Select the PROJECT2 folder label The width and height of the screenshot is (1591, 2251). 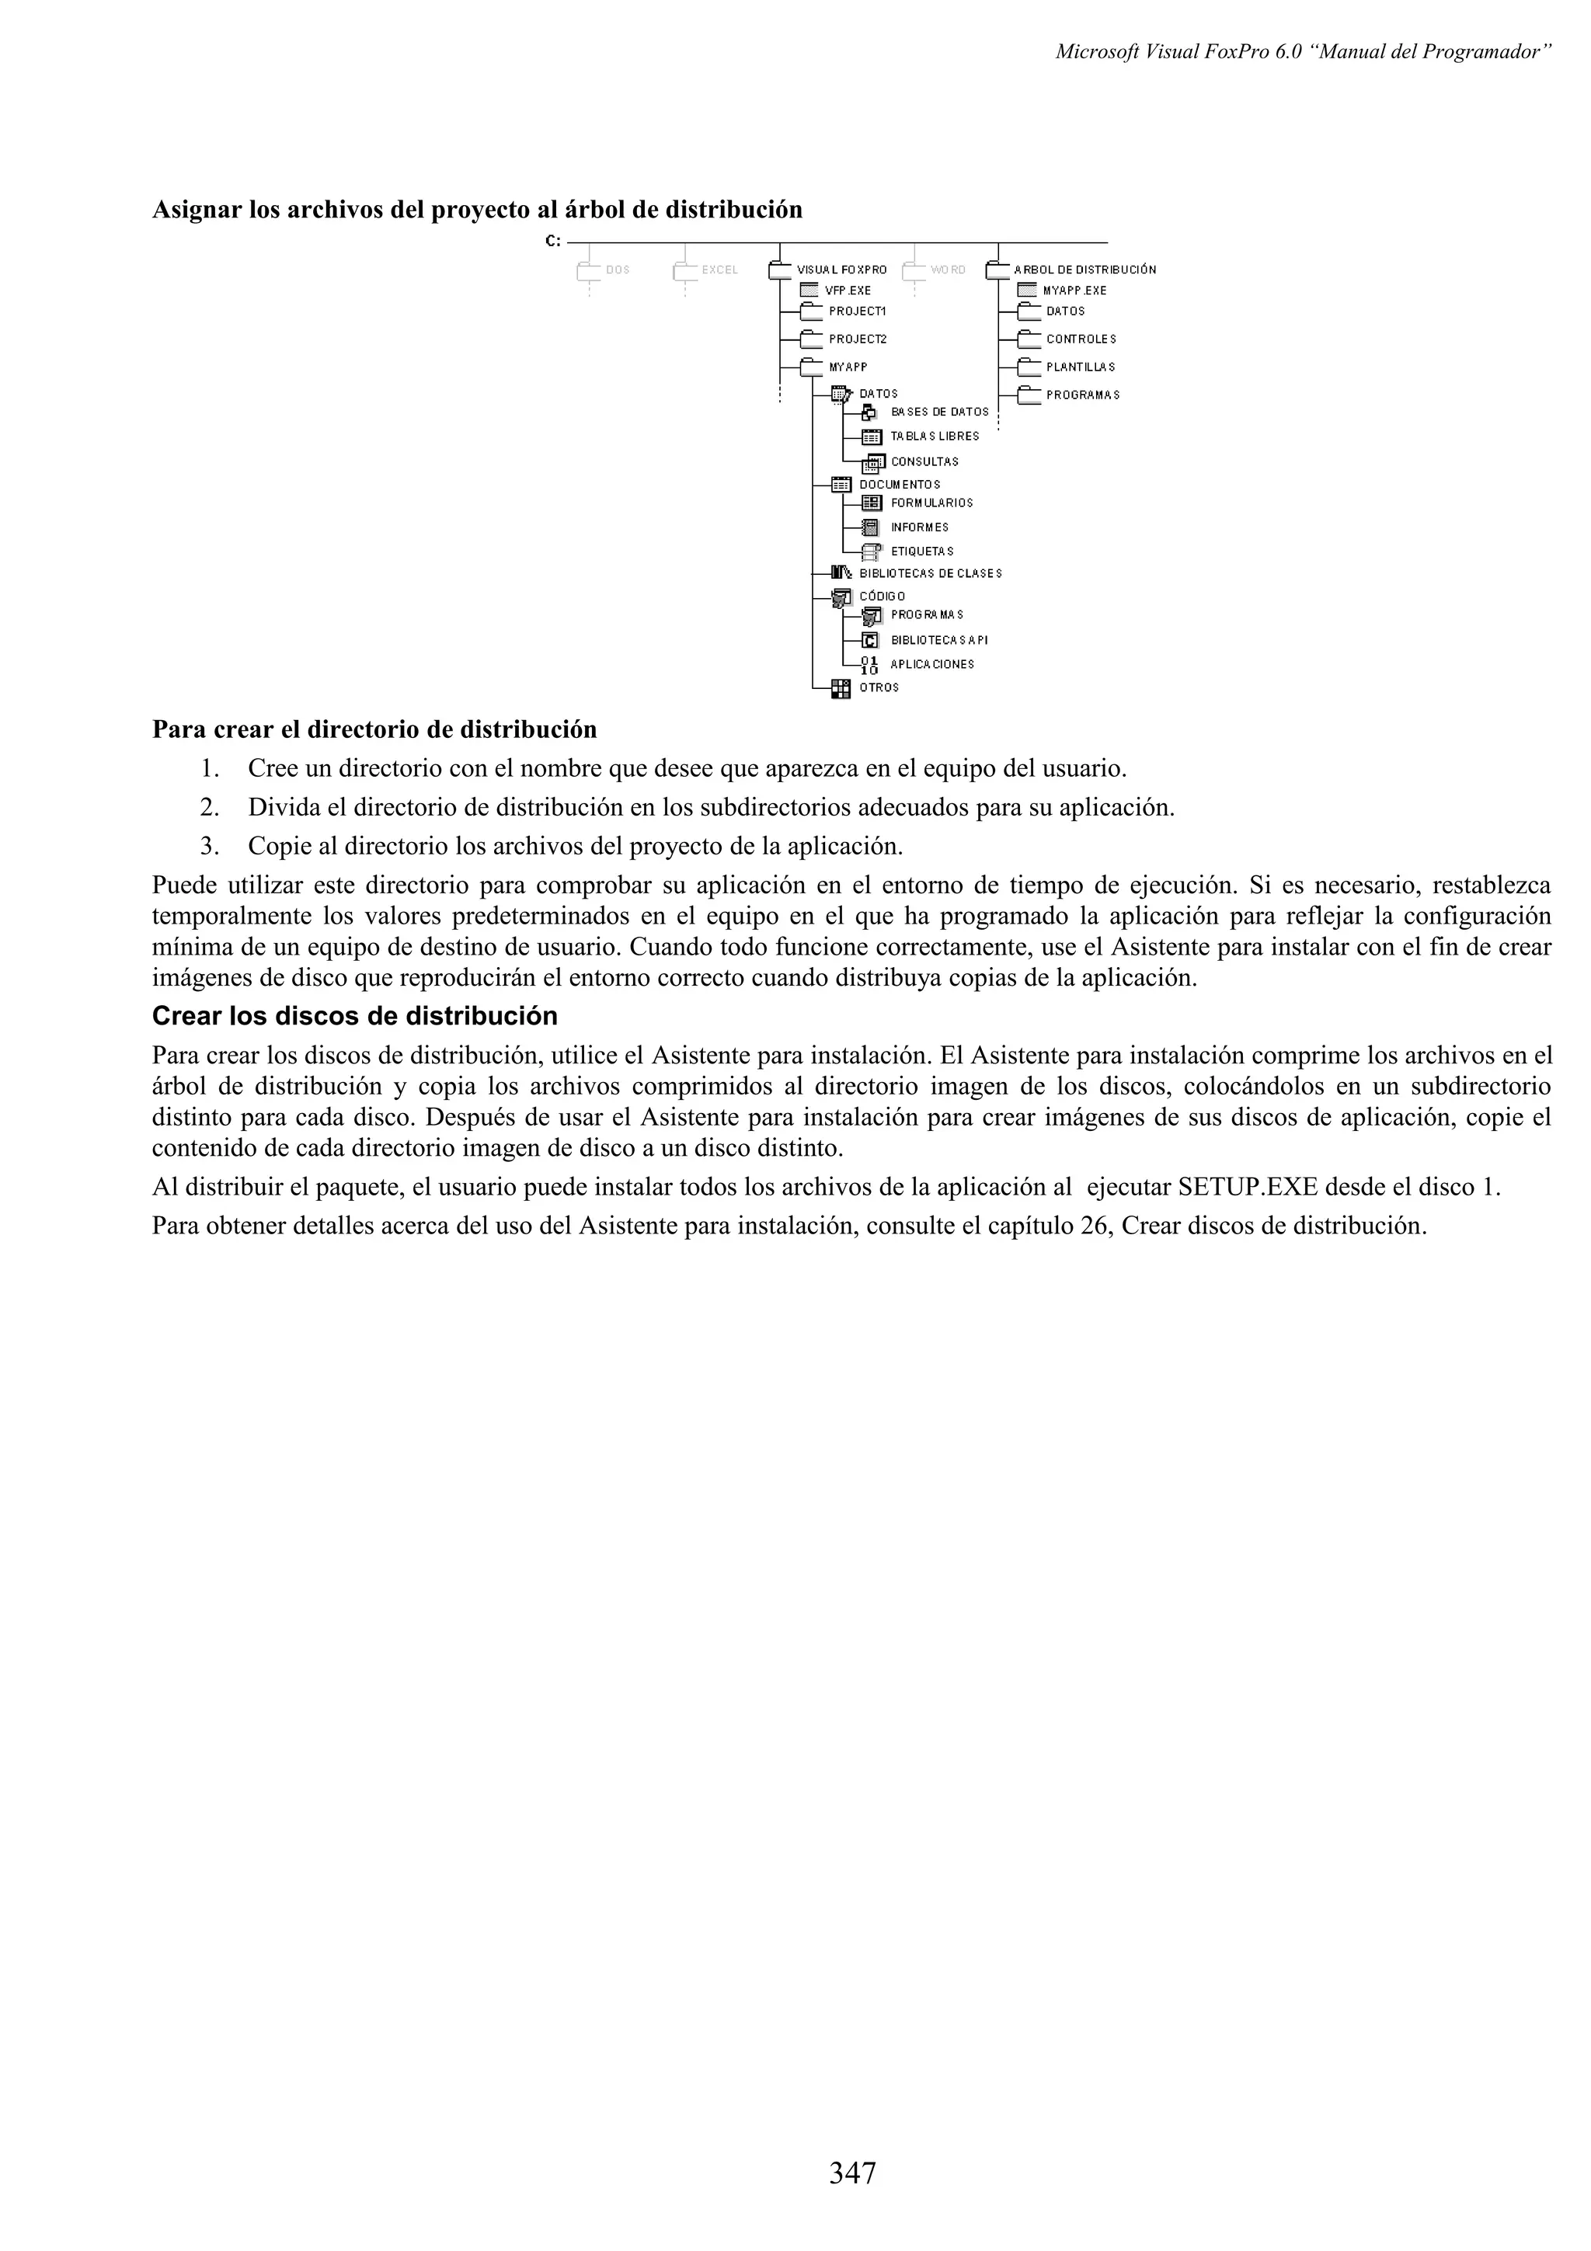pos(857,339)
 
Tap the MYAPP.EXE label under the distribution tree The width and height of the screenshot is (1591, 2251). pos(1074,291)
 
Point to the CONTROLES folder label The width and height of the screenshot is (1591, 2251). pos(1081,339)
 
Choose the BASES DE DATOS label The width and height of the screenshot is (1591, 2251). pos(939,412)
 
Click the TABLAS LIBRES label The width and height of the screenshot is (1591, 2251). pos(935,437)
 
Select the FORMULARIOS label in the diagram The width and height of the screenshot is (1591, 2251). pos(931,503)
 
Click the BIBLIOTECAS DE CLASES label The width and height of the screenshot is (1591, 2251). pos(931,573)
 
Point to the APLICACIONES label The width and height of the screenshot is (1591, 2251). pos(931,665)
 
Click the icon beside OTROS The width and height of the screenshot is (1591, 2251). pos(840,688)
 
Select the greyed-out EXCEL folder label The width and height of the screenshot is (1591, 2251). pos(719,270)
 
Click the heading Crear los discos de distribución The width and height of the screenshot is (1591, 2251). pos(354,1016)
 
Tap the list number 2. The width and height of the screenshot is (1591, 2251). pos(209,808)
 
